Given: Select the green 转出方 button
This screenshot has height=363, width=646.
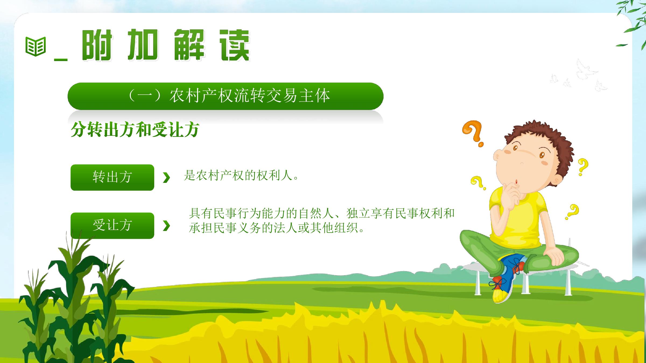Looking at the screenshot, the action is [112, 177].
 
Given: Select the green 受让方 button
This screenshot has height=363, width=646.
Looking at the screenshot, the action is [112, 226].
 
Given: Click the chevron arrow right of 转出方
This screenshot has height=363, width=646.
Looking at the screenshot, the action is [167, 178].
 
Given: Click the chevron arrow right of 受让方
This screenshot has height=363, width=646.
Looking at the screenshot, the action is [167, 226].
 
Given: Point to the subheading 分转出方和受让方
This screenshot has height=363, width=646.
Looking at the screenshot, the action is [135, 130].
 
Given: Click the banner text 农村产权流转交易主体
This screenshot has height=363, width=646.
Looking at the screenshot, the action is [250, 96].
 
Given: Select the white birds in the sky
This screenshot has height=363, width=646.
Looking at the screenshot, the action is [579, 75].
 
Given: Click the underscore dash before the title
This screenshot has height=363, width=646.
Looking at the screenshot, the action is [61, 59].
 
